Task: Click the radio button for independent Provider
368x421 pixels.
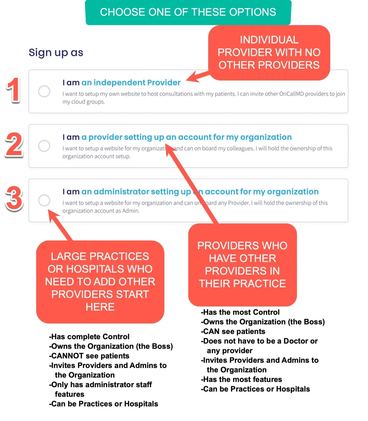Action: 44,91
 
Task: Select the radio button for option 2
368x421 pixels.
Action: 44,146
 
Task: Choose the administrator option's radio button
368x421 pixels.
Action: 44,200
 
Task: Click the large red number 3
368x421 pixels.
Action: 14,198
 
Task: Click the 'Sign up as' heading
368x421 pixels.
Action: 56,52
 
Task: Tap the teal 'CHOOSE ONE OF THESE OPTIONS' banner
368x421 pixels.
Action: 188,12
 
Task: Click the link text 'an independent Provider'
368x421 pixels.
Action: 131,82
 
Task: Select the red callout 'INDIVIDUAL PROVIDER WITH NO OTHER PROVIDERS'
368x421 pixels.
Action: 269,52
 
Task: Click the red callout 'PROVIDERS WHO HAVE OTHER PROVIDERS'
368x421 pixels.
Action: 242,265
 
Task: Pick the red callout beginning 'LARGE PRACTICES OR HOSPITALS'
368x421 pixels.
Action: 100,281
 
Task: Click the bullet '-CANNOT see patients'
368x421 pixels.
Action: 89,356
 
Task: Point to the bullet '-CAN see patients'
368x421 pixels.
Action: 233,331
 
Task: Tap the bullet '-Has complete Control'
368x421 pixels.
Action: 89,337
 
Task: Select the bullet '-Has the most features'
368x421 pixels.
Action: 241,379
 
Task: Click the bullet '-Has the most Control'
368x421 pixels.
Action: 240,312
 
